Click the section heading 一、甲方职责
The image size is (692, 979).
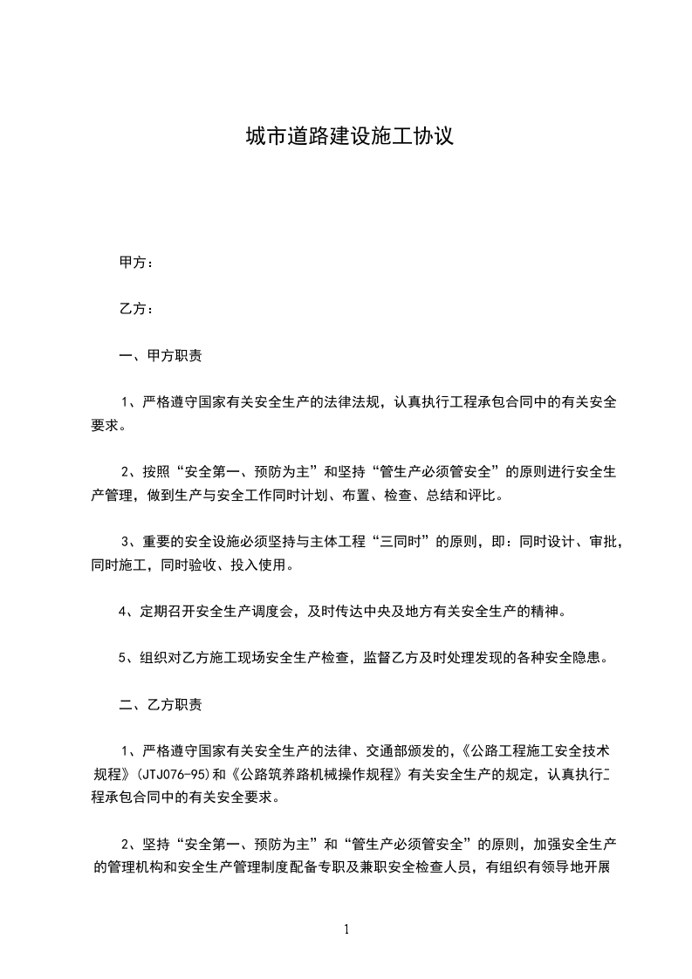click(161, 356)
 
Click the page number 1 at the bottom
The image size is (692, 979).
click(346, 929)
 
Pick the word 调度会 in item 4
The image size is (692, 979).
click(271, 611)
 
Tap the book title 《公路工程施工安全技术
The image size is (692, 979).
click(538, 750)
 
